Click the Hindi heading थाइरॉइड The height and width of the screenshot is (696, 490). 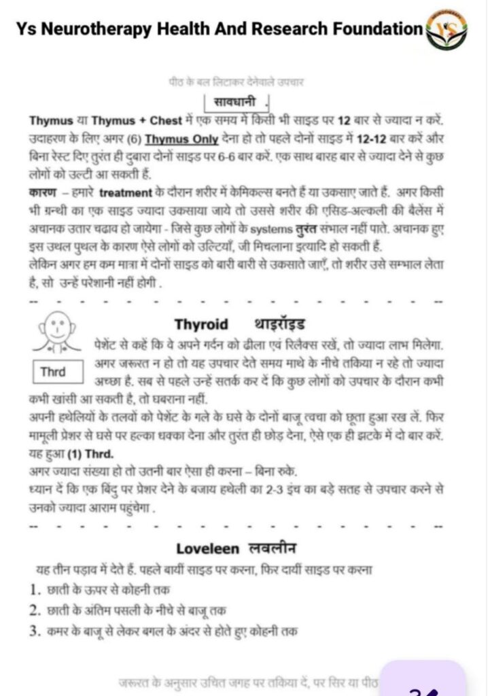tap(279, 324)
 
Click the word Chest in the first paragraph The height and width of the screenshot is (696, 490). tap(166, 121)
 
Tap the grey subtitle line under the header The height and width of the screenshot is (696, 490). tap(236, 82)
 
